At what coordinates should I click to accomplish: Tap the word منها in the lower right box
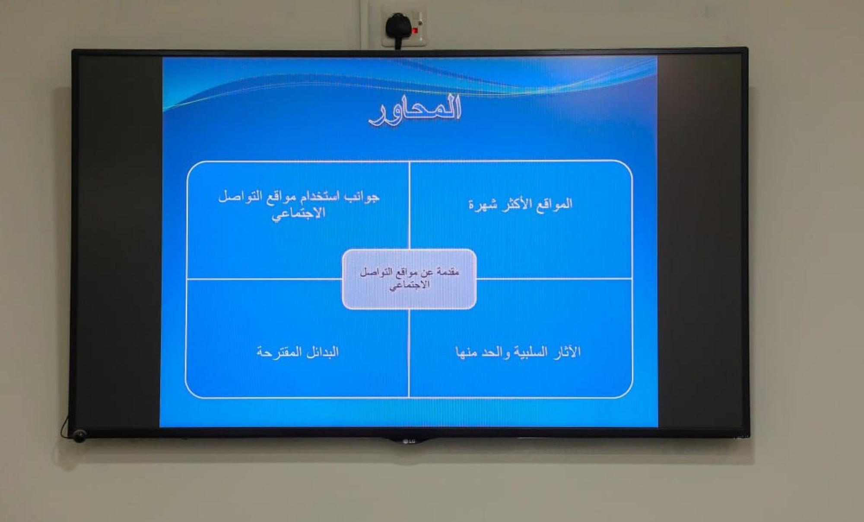tap(466, 353)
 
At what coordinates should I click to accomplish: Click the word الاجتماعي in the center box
tap(410, 285)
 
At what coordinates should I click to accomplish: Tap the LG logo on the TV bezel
tap(409, 441)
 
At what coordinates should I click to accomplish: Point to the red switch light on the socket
tap(415, 31)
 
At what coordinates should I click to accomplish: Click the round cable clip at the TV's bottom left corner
tap(79, 436)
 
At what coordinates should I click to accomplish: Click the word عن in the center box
tap(427, 272)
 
